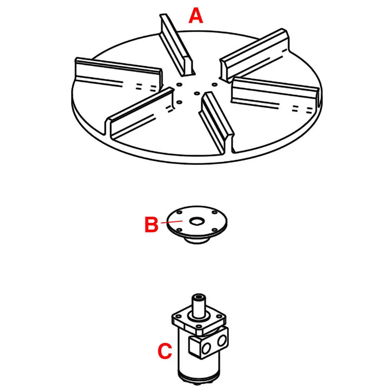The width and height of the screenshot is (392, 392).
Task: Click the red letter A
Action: click(196, 16)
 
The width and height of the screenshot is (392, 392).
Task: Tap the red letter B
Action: click(151, 225)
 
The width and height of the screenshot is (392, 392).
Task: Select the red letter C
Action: click(165, 351)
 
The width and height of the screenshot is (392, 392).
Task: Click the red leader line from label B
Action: click(168, 223)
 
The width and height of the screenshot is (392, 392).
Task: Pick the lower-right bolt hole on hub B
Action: click(215, 230)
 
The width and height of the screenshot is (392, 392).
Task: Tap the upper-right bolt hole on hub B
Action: click(214, 213)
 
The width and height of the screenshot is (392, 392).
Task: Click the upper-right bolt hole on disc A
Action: click(214, 84)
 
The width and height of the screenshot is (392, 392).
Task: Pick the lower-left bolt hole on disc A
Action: click(179, 102)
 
